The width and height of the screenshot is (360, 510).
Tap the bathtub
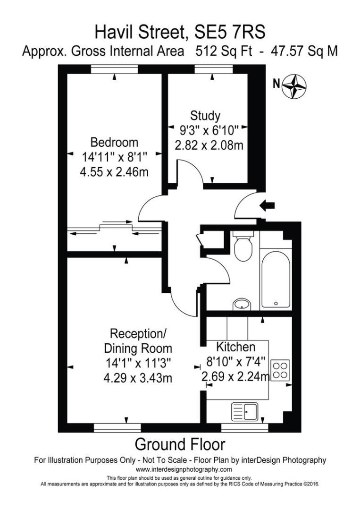coord(276,280)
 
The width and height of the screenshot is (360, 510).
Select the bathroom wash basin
coord(242,304)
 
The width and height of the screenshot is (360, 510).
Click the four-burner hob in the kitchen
coord(280,370)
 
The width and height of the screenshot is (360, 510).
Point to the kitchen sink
coord(245,412)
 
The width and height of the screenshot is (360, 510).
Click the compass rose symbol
coord(294,86)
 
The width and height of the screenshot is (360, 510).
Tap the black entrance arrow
coord(267,205)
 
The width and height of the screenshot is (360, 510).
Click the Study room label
coord(205,116)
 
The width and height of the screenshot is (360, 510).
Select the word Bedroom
coord(114,142)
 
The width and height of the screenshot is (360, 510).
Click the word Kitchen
coord(235,347)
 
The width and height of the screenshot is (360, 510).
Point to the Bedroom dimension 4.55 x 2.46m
coord(114,172)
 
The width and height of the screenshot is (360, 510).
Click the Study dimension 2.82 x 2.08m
coord(209,145)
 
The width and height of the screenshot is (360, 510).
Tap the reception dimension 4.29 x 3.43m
coord(138,378)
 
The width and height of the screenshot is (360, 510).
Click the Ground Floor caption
coord(180,444)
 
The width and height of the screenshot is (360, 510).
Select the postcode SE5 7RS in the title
coord(229,32)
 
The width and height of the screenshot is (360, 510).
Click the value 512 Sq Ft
coord(224,51)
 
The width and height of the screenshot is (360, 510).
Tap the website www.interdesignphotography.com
coord(184,469)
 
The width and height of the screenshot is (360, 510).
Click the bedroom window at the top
coord(114,69)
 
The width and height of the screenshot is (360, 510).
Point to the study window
coord(213,69)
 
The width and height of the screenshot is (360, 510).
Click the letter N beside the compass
coord(276,84)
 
